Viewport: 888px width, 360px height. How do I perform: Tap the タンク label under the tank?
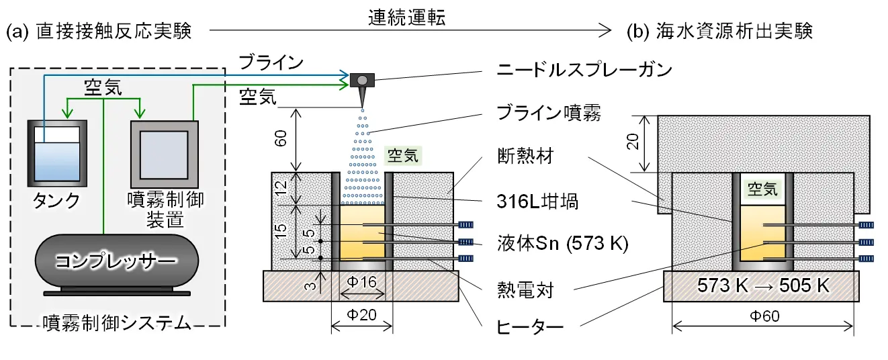click(57, 200)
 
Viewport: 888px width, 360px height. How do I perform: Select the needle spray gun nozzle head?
click(363, 81)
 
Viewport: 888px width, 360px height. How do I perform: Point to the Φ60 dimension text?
click(763, 312)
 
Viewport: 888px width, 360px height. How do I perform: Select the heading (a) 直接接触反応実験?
click(101, 32)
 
